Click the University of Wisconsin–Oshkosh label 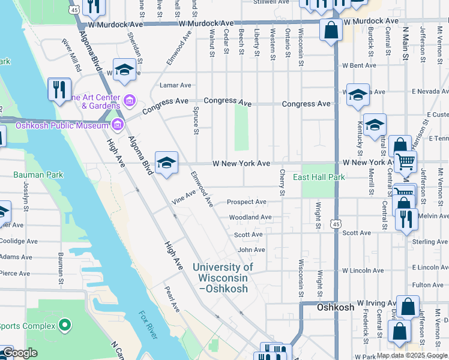coord(223,278)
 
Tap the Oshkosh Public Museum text coord(52,125)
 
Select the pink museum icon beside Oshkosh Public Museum coord(118,125)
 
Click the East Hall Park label coord(319,177)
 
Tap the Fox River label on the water coord(148,325)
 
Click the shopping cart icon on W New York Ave coord(406,160)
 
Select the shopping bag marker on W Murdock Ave coord(331,29)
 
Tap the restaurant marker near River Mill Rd coord(59,89)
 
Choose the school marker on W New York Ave coord(166,162)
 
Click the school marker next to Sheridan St coord(124,70)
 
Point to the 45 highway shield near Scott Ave coord(336,223)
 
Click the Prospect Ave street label coord(247,202)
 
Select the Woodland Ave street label coord(250,217)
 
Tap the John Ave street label coord(251,250)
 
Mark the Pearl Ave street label coord(172,298)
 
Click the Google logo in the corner coord(20,353)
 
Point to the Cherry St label coord(282,182)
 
